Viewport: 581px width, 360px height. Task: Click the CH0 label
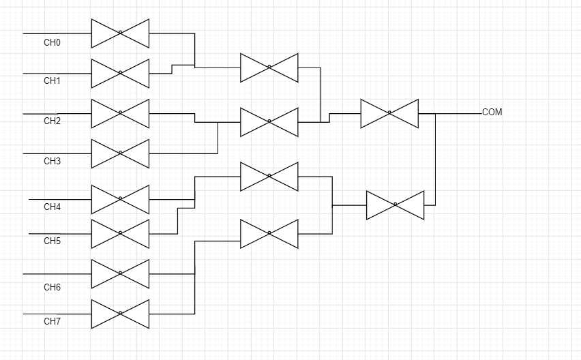pos(53,43)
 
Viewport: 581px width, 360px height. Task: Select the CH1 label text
pos(53,81)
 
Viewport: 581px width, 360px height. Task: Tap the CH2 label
pos(53,121)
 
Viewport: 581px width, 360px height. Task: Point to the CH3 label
pos(53,162)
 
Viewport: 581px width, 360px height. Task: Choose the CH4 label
pos(53,207)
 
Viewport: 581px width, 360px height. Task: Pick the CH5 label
pos(53,241)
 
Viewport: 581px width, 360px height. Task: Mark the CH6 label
pos(53,288)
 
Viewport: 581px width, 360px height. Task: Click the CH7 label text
pos(53,322)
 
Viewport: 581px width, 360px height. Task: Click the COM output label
pos(492,112)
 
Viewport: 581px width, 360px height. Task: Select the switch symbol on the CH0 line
pos(120,33)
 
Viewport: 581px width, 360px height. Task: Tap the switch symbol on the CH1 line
pos(120,73)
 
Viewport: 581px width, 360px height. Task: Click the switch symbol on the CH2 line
pos(120,113)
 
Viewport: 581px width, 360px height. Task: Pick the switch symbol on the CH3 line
pos(120,153)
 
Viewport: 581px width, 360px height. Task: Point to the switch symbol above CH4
pos(120,199)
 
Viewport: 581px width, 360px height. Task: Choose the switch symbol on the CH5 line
pos(120,233)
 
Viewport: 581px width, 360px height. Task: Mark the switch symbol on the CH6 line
pos(120,273)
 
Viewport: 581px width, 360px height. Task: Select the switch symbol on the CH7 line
pos(120,314)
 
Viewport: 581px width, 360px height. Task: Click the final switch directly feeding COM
pos(389,113)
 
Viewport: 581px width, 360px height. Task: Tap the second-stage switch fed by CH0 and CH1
pos(269,67)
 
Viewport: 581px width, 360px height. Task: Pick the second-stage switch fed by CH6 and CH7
pos(269,233)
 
